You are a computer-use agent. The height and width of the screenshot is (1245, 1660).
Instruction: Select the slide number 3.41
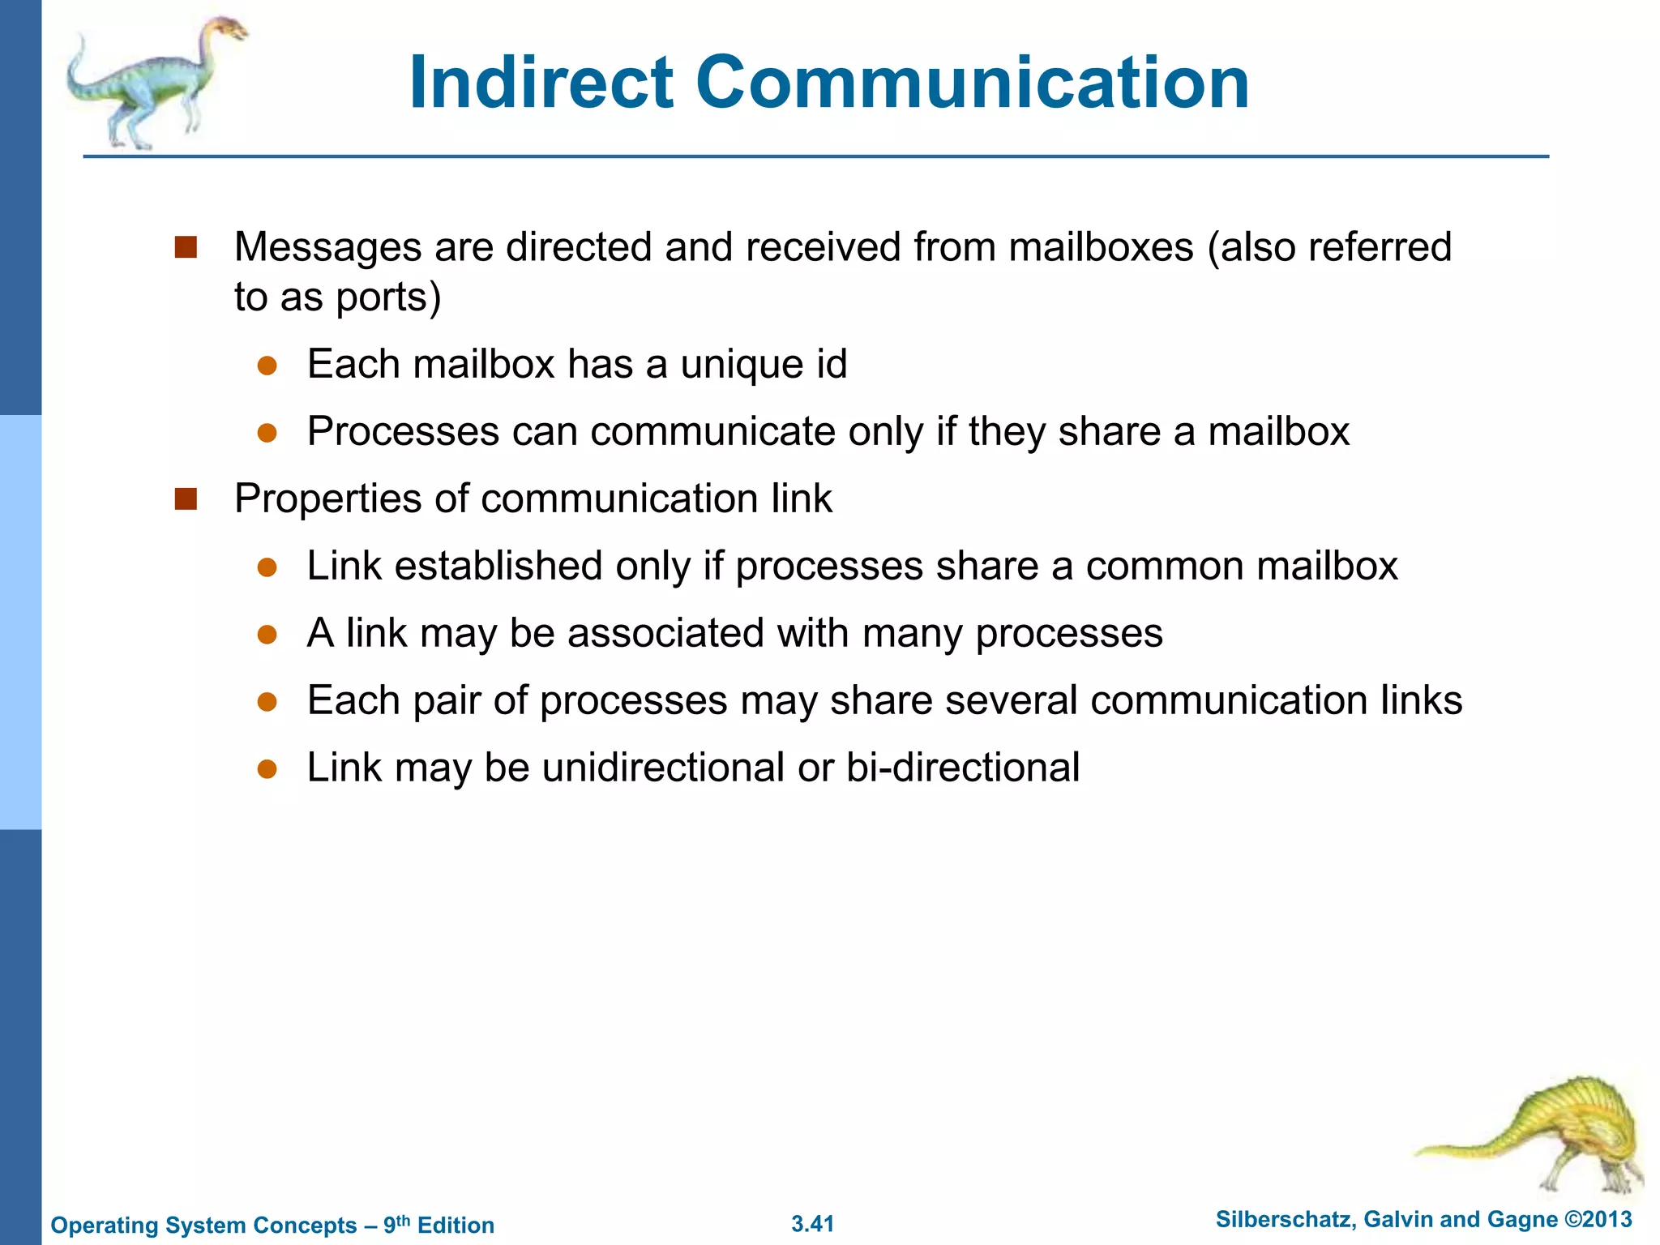812,1224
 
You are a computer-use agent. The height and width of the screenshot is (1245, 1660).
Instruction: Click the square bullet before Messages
186,247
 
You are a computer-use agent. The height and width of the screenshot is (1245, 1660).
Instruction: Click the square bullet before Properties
186,498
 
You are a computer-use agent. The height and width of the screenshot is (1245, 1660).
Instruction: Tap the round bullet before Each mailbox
267,366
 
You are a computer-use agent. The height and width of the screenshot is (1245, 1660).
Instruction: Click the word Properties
327,498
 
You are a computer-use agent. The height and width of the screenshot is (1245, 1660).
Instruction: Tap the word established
498,566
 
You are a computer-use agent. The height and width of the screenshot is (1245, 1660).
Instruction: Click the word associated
665,633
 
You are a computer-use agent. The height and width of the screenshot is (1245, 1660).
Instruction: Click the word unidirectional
663,768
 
